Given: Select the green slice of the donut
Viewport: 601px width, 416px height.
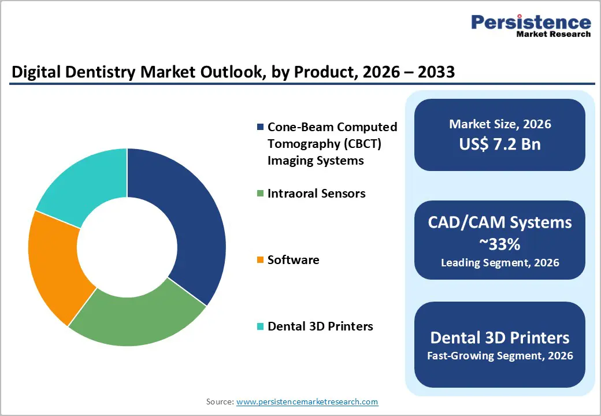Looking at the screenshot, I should click(x=139, y=318).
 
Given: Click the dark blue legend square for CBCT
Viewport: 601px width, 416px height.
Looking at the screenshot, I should click(x=260, y=127).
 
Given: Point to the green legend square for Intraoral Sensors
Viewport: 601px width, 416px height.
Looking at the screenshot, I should click(x=260, y=194).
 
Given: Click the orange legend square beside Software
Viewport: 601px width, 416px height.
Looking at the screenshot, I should click(x=260, y=261).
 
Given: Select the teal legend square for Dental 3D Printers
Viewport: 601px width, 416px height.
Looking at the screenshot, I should click(x=260, y=327).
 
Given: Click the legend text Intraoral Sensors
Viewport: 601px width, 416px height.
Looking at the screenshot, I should click(x=316, y=194).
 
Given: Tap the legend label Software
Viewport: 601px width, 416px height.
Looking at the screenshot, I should click(x=293, y=261).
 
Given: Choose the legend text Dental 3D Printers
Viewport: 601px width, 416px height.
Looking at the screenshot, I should click(x=320, y=327).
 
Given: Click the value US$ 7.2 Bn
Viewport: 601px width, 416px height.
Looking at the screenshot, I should click(x=500, y=144).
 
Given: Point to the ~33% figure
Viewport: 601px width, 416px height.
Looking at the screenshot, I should click(x=500, y=244).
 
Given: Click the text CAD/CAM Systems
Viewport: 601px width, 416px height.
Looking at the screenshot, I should click(x=500, y=223).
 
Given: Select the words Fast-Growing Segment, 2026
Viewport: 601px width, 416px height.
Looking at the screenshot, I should click(x=500, y=356).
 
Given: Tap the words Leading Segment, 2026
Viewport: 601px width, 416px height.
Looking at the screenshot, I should click(x=500, y=263).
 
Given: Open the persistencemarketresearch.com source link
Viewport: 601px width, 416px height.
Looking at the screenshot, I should click(x=307, y=402).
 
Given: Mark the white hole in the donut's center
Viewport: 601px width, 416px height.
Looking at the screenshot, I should click(x=127, y=247).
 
